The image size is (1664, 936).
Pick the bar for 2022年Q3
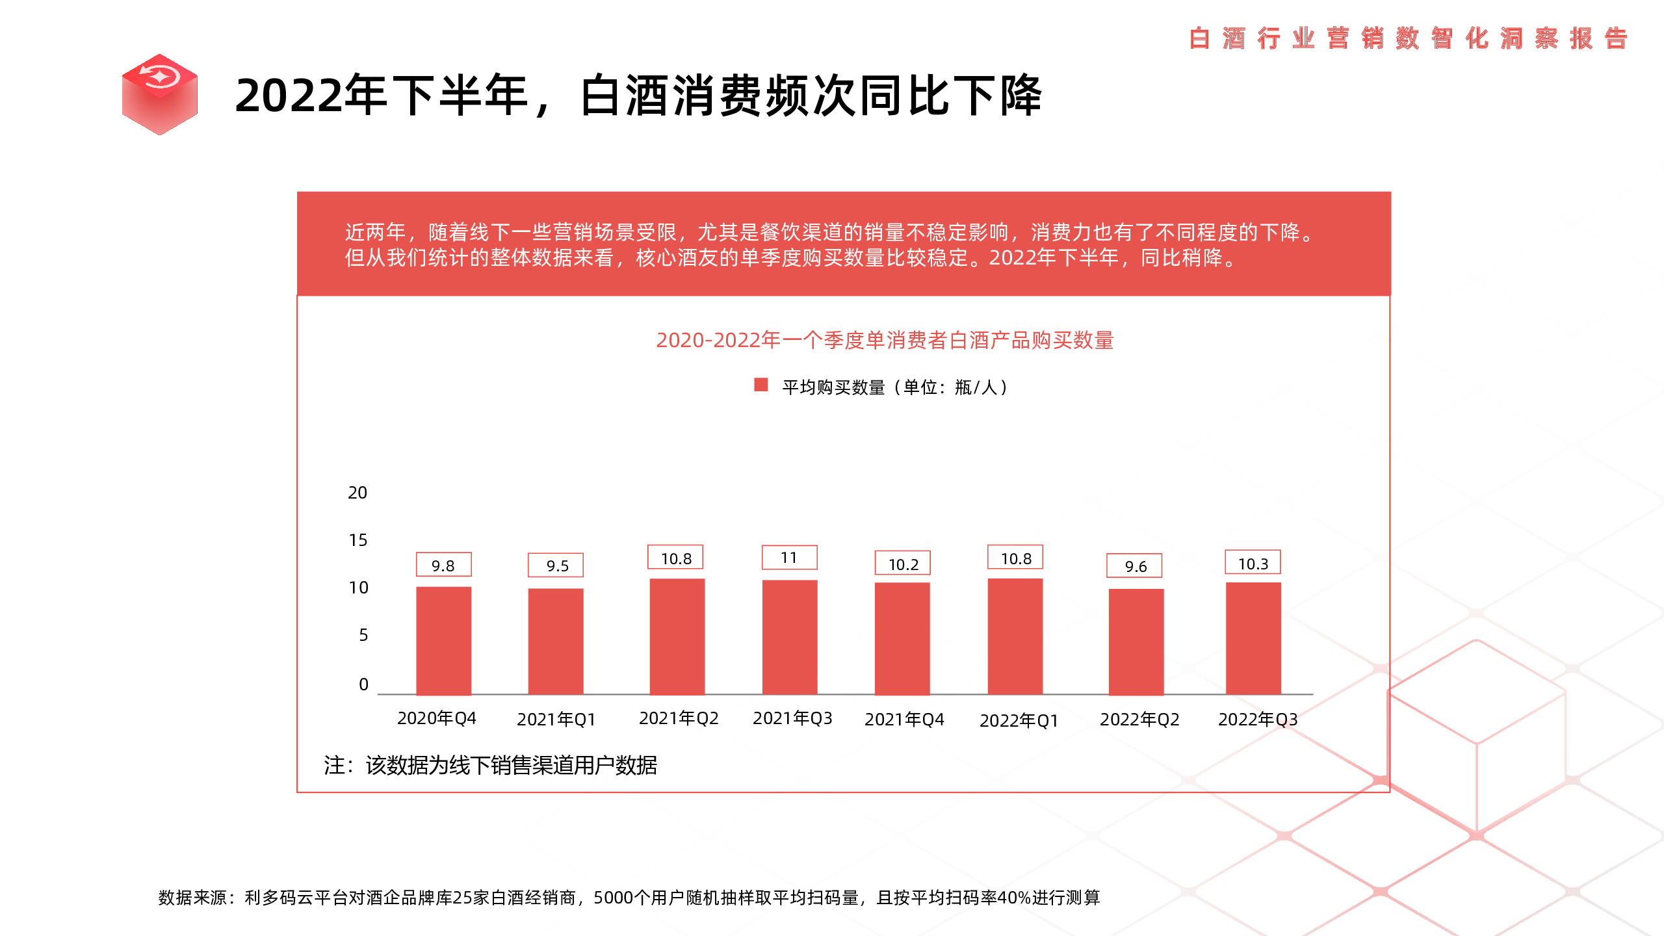click(1253, 638)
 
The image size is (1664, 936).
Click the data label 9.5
click(556, 565)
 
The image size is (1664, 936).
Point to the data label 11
click(789, 558)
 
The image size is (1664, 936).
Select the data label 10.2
click(903, 564)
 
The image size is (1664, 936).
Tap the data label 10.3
click(1253, 564)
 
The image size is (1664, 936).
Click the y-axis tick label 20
click(357, 493)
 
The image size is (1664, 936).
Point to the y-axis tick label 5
click(363, 635)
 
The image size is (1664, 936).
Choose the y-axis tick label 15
click(357, 540)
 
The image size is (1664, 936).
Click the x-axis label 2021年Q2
click(679, 718)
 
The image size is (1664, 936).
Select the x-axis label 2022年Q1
click(1019, 720)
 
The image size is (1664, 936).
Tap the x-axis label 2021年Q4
click(904, 719)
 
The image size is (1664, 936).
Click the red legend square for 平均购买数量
click(760, 385)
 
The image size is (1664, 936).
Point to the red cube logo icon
click(160, 94)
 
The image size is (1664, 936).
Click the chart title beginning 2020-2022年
click(885, 340)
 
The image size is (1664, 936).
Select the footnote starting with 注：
click(490, 765)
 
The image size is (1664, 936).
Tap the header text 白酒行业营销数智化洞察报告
click(1408, 38)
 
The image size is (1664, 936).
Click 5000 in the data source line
click(613, 898)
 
